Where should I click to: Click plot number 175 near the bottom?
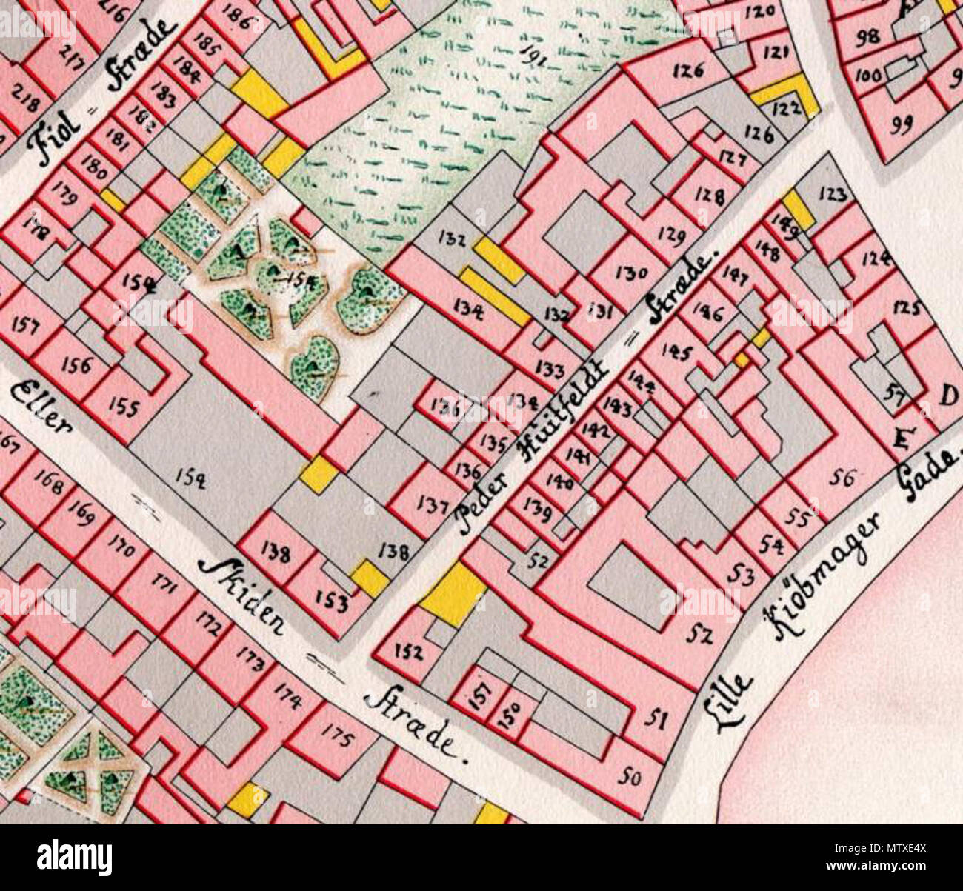click(337, 734)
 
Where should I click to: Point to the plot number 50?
click(629, 777)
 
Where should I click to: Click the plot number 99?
click(902, 127)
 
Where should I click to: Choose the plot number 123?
click(833, 194)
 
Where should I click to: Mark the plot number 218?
click(26, 99)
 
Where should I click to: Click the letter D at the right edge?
click(947, 398)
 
